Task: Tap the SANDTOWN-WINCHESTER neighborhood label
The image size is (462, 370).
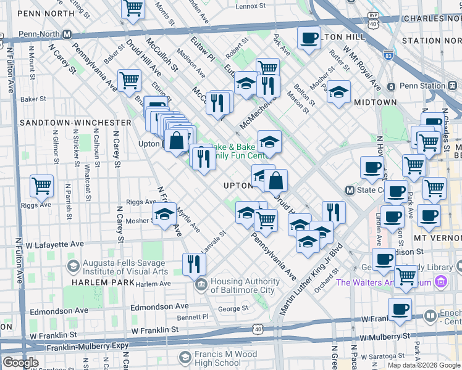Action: tap(75, 123)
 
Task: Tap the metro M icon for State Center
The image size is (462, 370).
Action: tap(350, 191)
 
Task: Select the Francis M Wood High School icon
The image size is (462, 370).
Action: tap(184, 357)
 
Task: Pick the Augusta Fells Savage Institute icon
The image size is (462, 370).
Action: tap(73, 266)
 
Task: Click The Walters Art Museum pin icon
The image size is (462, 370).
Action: tap(440, 282)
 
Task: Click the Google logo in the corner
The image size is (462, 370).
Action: tap(20, 363)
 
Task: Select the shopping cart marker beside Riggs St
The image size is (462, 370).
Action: tap(41, 185)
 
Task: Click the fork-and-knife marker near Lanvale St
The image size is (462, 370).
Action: tap(194, 264)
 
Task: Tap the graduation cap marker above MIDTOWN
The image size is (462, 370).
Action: tap(338, 92)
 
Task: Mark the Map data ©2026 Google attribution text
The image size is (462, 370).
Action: tap(423, 365)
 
